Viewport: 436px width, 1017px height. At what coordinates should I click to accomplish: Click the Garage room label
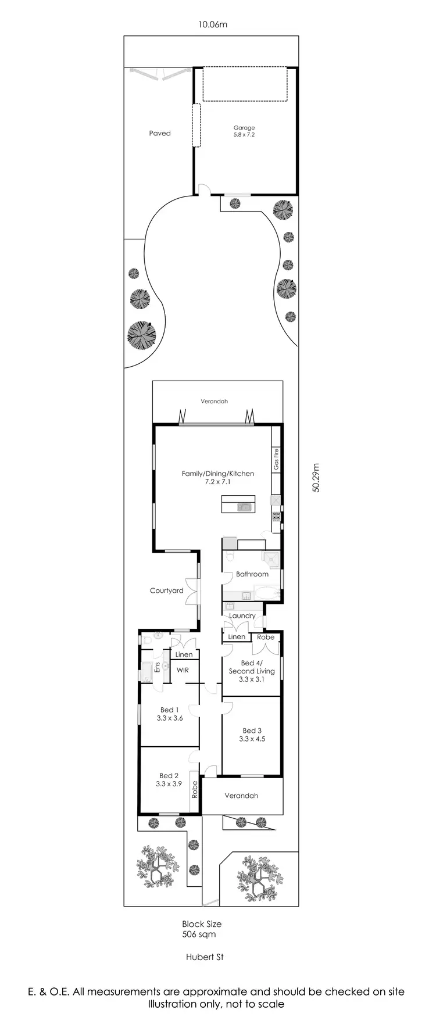click(244, 131)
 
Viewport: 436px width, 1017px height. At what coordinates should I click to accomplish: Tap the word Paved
click(160, 133)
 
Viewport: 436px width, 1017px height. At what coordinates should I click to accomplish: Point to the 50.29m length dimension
click(316, 478)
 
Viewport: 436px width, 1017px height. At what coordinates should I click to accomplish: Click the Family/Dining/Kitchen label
click(218, 477)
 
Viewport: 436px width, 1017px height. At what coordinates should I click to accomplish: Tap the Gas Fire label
click(276, 459)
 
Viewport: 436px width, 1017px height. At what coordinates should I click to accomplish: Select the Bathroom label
click(252, 574)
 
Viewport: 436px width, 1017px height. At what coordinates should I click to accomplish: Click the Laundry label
click(242, 615)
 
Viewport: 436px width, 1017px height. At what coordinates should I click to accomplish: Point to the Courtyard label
click(167, 590)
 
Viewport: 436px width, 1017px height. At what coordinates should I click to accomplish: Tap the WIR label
click(183, 670)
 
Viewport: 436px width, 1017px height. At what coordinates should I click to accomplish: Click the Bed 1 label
click(170, 714)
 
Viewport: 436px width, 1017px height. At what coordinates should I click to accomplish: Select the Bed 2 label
click(169, 779)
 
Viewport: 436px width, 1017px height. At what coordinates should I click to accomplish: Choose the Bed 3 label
click(252, 735)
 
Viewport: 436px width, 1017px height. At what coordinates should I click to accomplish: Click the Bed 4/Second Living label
click(252, 671)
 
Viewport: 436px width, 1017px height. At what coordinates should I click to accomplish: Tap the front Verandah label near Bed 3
click(241, 796)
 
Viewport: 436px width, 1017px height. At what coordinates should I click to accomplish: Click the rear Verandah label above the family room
click(215, 402)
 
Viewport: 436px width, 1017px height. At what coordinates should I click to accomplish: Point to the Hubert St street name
click(205, 957)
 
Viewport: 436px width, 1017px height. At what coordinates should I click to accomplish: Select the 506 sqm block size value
click(199, 934)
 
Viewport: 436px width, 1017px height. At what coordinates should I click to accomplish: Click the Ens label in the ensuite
click(157, 667)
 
